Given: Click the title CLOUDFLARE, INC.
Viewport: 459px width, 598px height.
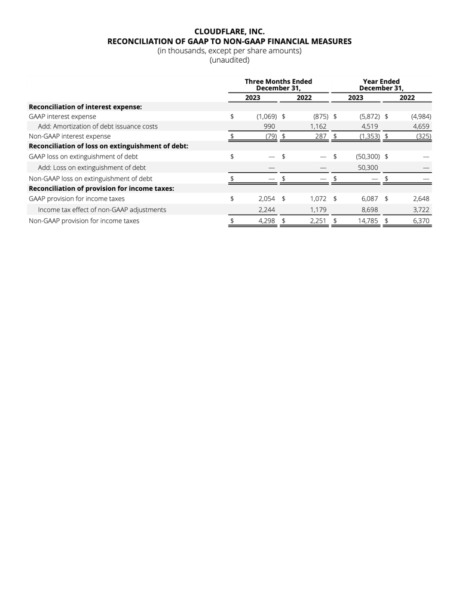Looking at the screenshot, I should click(x=229, y=31).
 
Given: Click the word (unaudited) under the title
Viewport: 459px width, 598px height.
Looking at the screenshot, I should click(x=229, y=60).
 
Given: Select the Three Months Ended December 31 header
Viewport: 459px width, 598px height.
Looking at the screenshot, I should click(x=279, y=84).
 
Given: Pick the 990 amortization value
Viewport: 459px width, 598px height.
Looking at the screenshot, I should click(x=269, y=126).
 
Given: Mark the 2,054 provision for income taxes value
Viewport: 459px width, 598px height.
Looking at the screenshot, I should click(x=267, y=199).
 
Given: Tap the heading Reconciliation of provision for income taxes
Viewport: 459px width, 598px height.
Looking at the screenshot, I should click(x=102, y=188).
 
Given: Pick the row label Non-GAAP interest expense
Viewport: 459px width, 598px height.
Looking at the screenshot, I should click(x=69, y=136).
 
